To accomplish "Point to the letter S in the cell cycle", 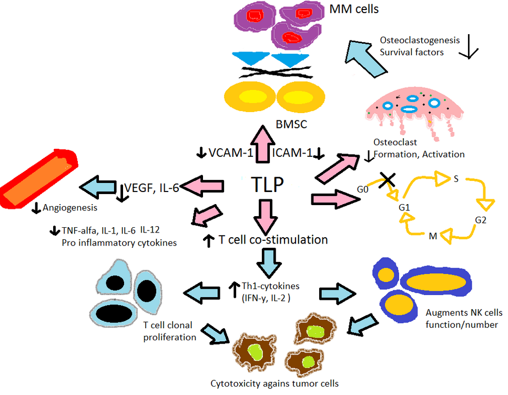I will (x=456, y=179).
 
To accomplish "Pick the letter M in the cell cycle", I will (x=433, y=236).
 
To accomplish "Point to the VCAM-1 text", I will (x=231, y=153).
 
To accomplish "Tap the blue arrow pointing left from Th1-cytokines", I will (x=198, y=290).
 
